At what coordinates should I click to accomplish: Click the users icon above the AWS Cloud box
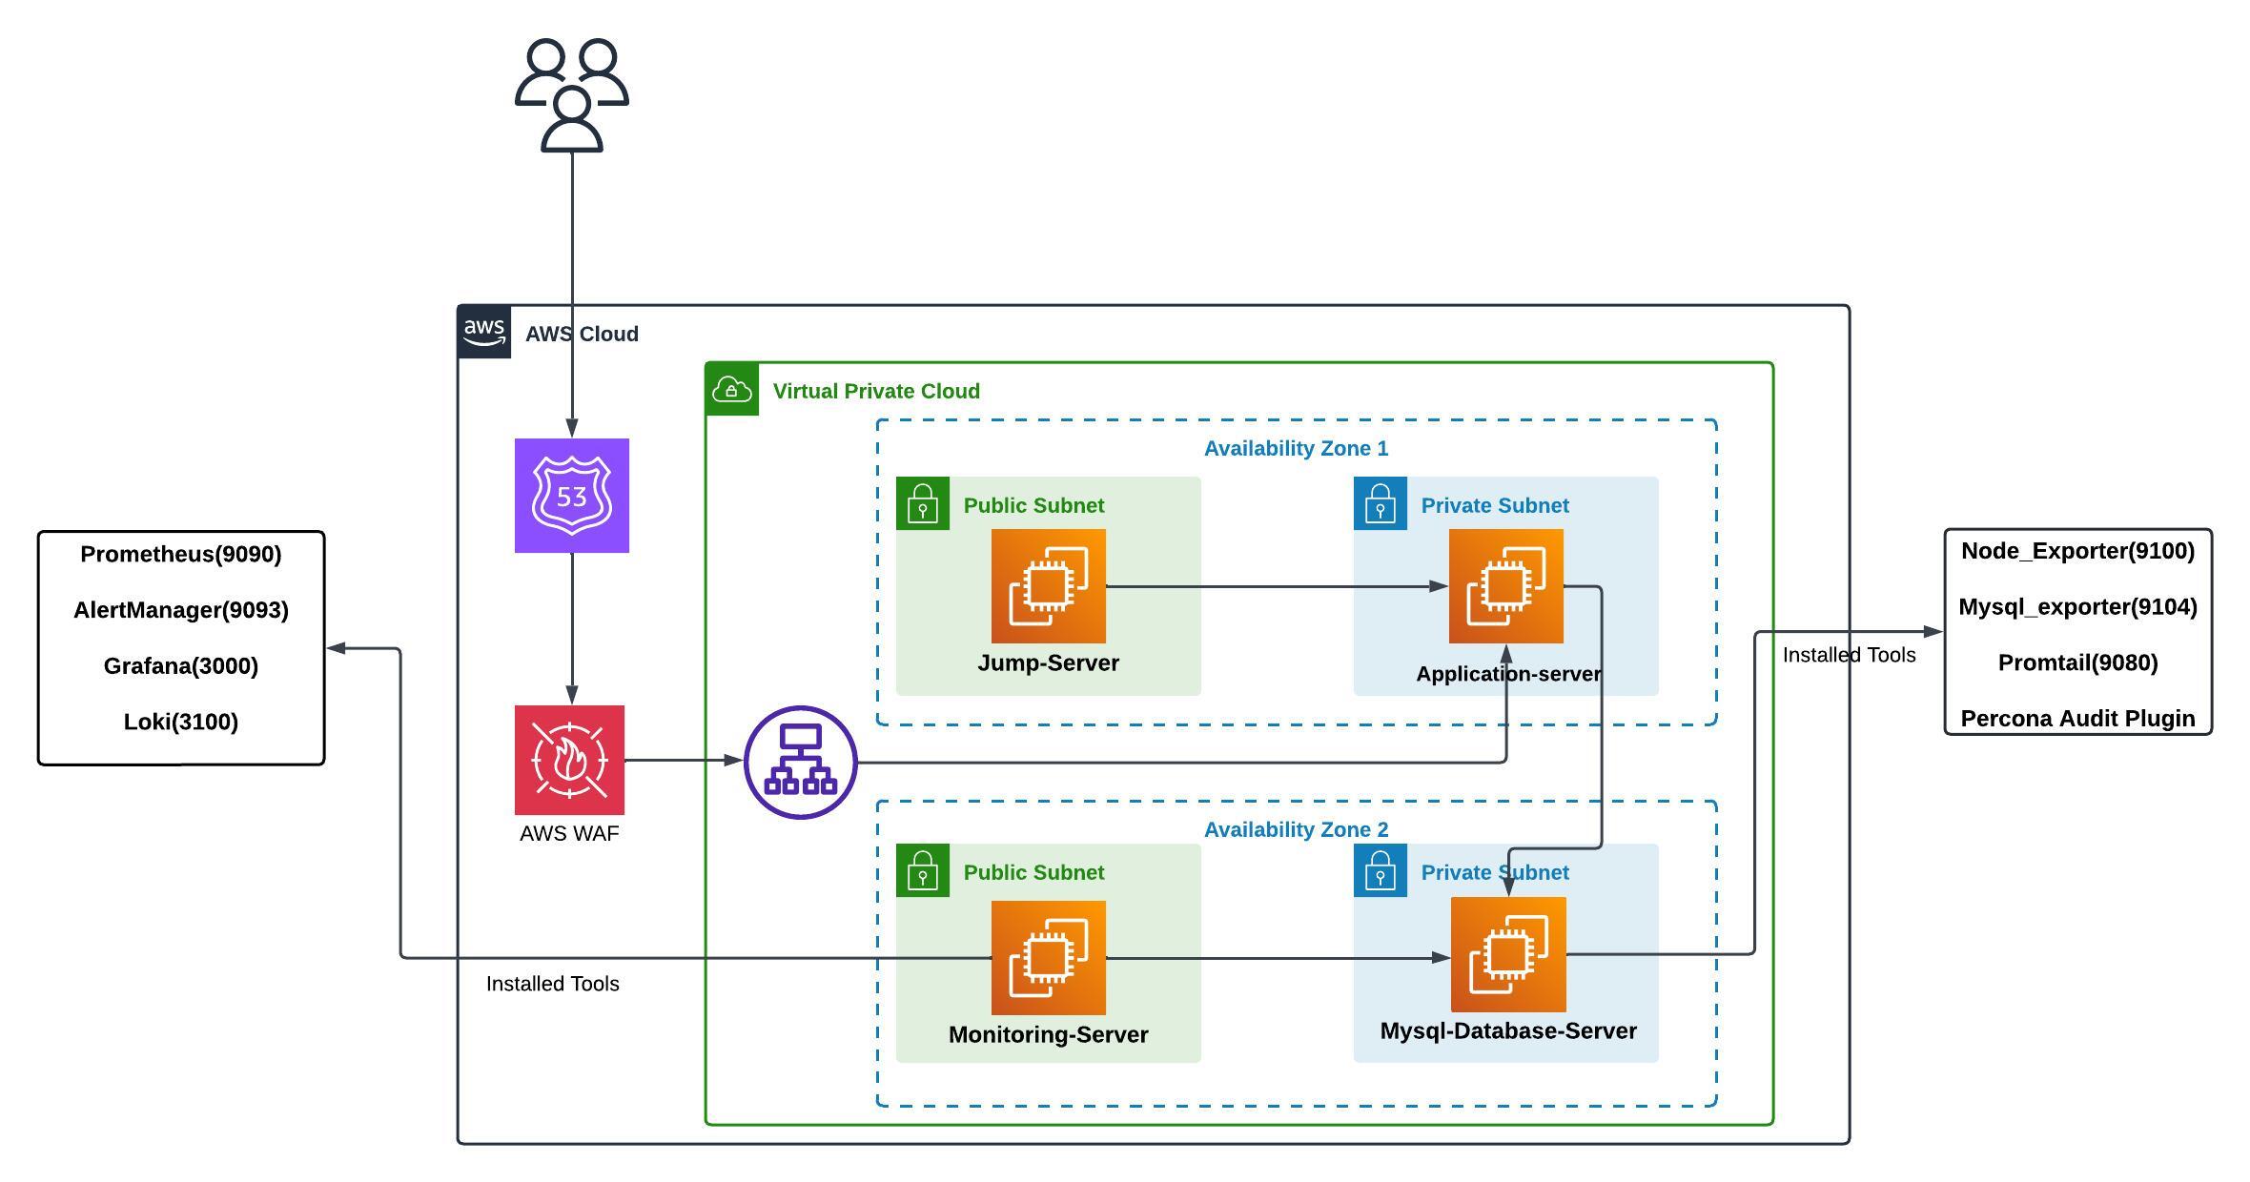[x=571, y=95]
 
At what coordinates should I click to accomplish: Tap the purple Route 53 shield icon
[x=571, y=496]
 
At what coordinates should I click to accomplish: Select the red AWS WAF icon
[x=569, y=760]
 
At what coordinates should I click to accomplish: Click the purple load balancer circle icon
[x=800, y=762]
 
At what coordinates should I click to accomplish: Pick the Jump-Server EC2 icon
[x=1048, y=586]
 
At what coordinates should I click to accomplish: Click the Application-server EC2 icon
[x=1505, y=586]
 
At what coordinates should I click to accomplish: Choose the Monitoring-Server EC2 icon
[x=1048, y=957]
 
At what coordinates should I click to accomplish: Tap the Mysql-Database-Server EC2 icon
[x=1507, y=954]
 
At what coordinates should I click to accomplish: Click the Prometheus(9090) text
[x=181, y=555]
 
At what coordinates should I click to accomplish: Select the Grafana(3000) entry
[x=181, y=666]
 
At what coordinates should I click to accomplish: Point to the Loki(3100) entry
[x=181, y=722]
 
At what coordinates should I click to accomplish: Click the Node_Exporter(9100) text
[x=2077, y=551]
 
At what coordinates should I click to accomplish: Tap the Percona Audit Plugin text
[x=2077, y=719]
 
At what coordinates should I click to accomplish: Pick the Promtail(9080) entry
[x=2077, y=662]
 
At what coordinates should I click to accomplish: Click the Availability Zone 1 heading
[x=1296, y=448]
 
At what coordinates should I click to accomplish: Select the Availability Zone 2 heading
[x=1296, y=829]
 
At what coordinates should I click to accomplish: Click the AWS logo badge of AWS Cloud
[x=484, y=332]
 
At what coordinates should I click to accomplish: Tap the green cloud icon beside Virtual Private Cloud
[x=731, y=389]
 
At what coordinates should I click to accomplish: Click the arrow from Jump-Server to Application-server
[x=1278, y=586]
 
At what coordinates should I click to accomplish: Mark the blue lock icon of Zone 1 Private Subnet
[x=1380, y=503]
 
